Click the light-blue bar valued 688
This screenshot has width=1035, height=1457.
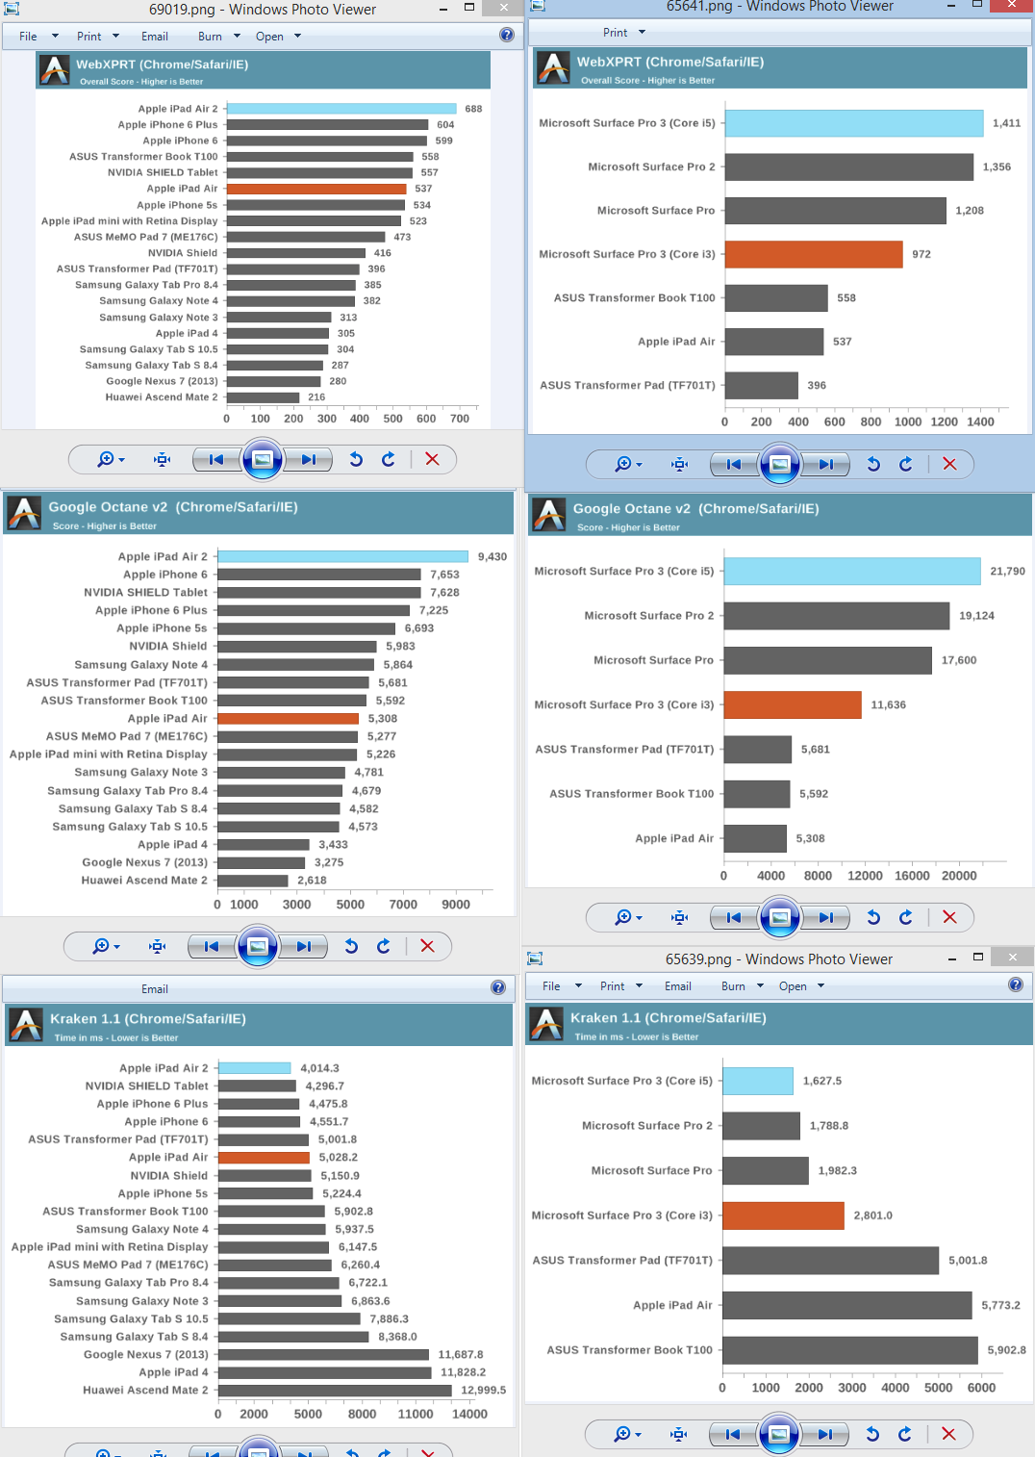341,109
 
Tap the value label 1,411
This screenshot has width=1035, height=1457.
1006,123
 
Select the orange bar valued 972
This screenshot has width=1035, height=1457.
814,254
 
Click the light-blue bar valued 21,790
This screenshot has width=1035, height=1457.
852,571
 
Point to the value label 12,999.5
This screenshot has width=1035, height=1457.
483,1390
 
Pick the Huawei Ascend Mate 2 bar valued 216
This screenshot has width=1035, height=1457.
263,397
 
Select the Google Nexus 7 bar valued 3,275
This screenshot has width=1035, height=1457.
261,862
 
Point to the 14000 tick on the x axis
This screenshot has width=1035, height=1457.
469,1414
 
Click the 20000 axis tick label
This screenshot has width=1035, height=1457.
959,876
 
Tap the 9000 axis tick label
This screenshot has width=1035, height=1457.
456,905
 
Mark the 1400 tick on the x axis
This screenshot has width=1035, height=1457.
980,422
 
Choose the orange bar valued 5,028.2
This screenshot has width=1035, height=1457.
264,1158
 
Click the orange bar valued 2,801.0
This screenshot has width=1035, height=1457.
783,1215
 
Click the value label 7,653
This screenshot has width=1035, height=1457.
444,575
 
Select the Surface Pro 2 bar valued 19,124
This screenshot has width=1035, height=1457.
837,616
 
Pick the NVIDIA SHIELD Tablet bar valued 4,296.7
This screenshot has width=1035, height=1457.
257,1086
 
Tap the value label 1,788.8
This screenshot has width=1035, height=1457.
828,1126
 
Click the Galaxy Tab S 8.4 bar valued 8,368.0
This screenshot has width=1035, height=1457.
293,1337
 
